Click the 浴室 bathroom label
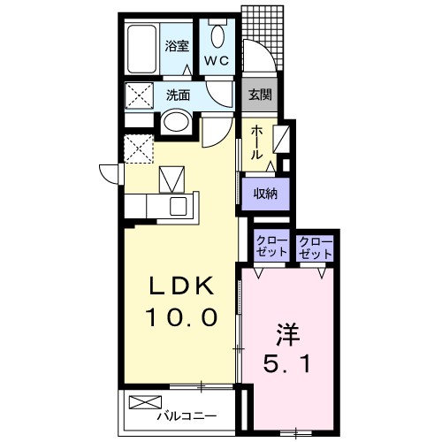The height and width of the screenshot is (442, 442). [177, 46]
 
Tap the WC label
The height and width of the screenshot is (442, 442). [217, 61]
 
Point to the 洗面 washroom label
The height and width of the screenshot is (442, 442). [179, 95]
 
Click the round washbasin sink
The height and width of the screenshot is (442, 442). [176, 121]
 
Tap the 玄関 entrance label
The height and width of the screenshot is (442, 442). [260, 95]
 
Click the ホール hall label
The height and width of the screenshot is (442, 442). [257, 142]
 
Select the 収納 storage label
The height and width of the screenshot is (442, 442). [265, 194]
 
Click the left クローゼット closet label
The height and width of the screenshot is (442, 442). [271, 248]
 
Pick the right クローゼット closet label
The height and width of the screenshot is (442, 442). [315, 248]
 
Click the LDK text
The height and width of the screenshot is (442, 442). [182, 286]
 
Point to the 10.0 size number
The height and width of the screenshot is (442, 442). [182, 317]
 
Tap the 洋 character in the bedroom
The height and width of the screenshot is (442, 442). [287, 335]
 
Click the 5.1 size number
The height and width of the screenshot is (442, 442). [286, 363]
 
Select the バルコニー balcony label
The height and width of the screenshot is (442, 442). [187, 416]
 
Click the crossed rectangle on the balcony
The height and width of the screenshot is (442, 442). [146, 402]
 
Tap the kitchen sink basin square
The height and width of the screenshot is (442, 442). [179, 206]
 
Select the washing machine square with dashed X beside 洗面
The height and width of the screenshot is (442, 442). [139, 95]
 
